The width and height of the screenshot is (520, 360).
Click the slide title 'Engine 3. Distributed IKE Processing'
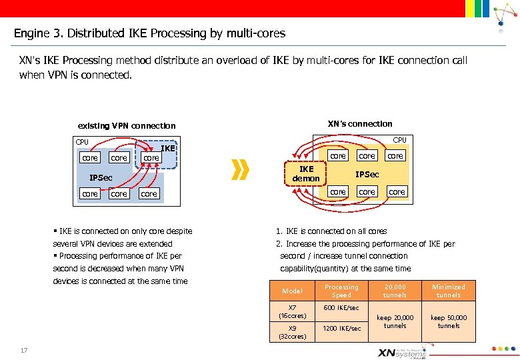[x=149, y=33]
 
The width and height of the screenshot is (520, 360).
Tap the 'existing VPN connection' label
[x=127, y=125]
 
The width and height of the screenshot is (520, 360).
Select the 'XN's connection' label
[x=360, y=123]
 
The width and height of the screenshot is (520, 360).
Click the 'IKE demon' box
[x=306, y=173]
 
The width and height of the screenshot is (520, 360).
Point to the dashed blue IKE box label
[x=168, y=148]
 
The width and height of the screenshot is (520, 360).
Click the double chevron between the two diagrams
[x=241, y=170]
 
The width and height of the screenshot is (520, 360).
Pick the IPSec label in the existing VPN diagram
[x=101, y=178]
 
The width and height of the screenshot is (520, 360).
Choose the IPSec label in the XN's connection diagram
[x=367, y=174]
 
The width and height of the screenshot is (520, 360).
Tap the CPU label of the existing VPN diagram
[x=82, y=142]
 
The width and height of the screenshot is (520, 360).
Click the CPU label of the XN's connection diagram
[x=399, y=140]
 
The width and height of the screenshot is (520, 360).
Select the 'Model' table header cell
[x=292, y=291]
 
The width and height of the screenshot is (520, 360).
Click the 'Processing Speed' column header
[x=341, y=291]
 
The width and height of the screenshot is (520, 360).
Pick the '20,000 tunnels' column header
[x=395, y=291]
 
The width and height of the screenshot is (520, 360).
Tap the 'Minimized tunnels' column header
[x=449, y=291]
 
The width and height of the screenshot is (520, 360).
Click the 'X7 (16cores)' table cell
[x=292, y=311]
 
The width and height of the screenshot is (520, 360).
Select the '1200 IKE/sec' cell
[x=341, y=328]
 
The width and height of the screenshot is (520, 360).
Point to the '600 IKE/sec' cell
[x=341, y=307]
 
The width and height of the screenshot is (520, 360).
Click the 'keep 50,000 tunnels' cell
[x=449, y=321]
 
